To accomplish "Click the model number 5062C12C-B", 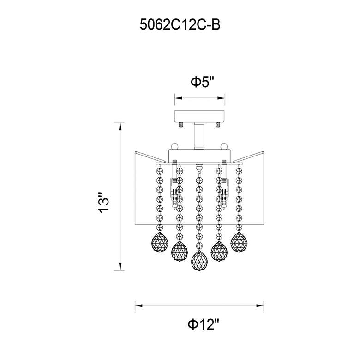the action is pyautogui.click(x=180, y=24).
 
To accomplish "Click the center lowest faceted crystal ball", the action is pyautogui.click(x=199, y=261).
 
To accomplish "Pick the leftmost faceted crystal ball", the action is pyautogui.click(x=160, y=242).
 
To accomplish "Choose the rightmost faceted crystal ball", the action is pyautogui.click(x=239, y=242).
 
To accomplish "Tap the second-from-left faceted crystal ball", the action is pyautogui.click(x=180, y=252).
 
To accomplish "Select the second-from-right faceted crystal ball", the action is pyautogui.click(x=219, y=252).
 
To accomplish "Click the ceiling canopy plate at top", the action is pyautogui.click(x=199, y=116).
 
